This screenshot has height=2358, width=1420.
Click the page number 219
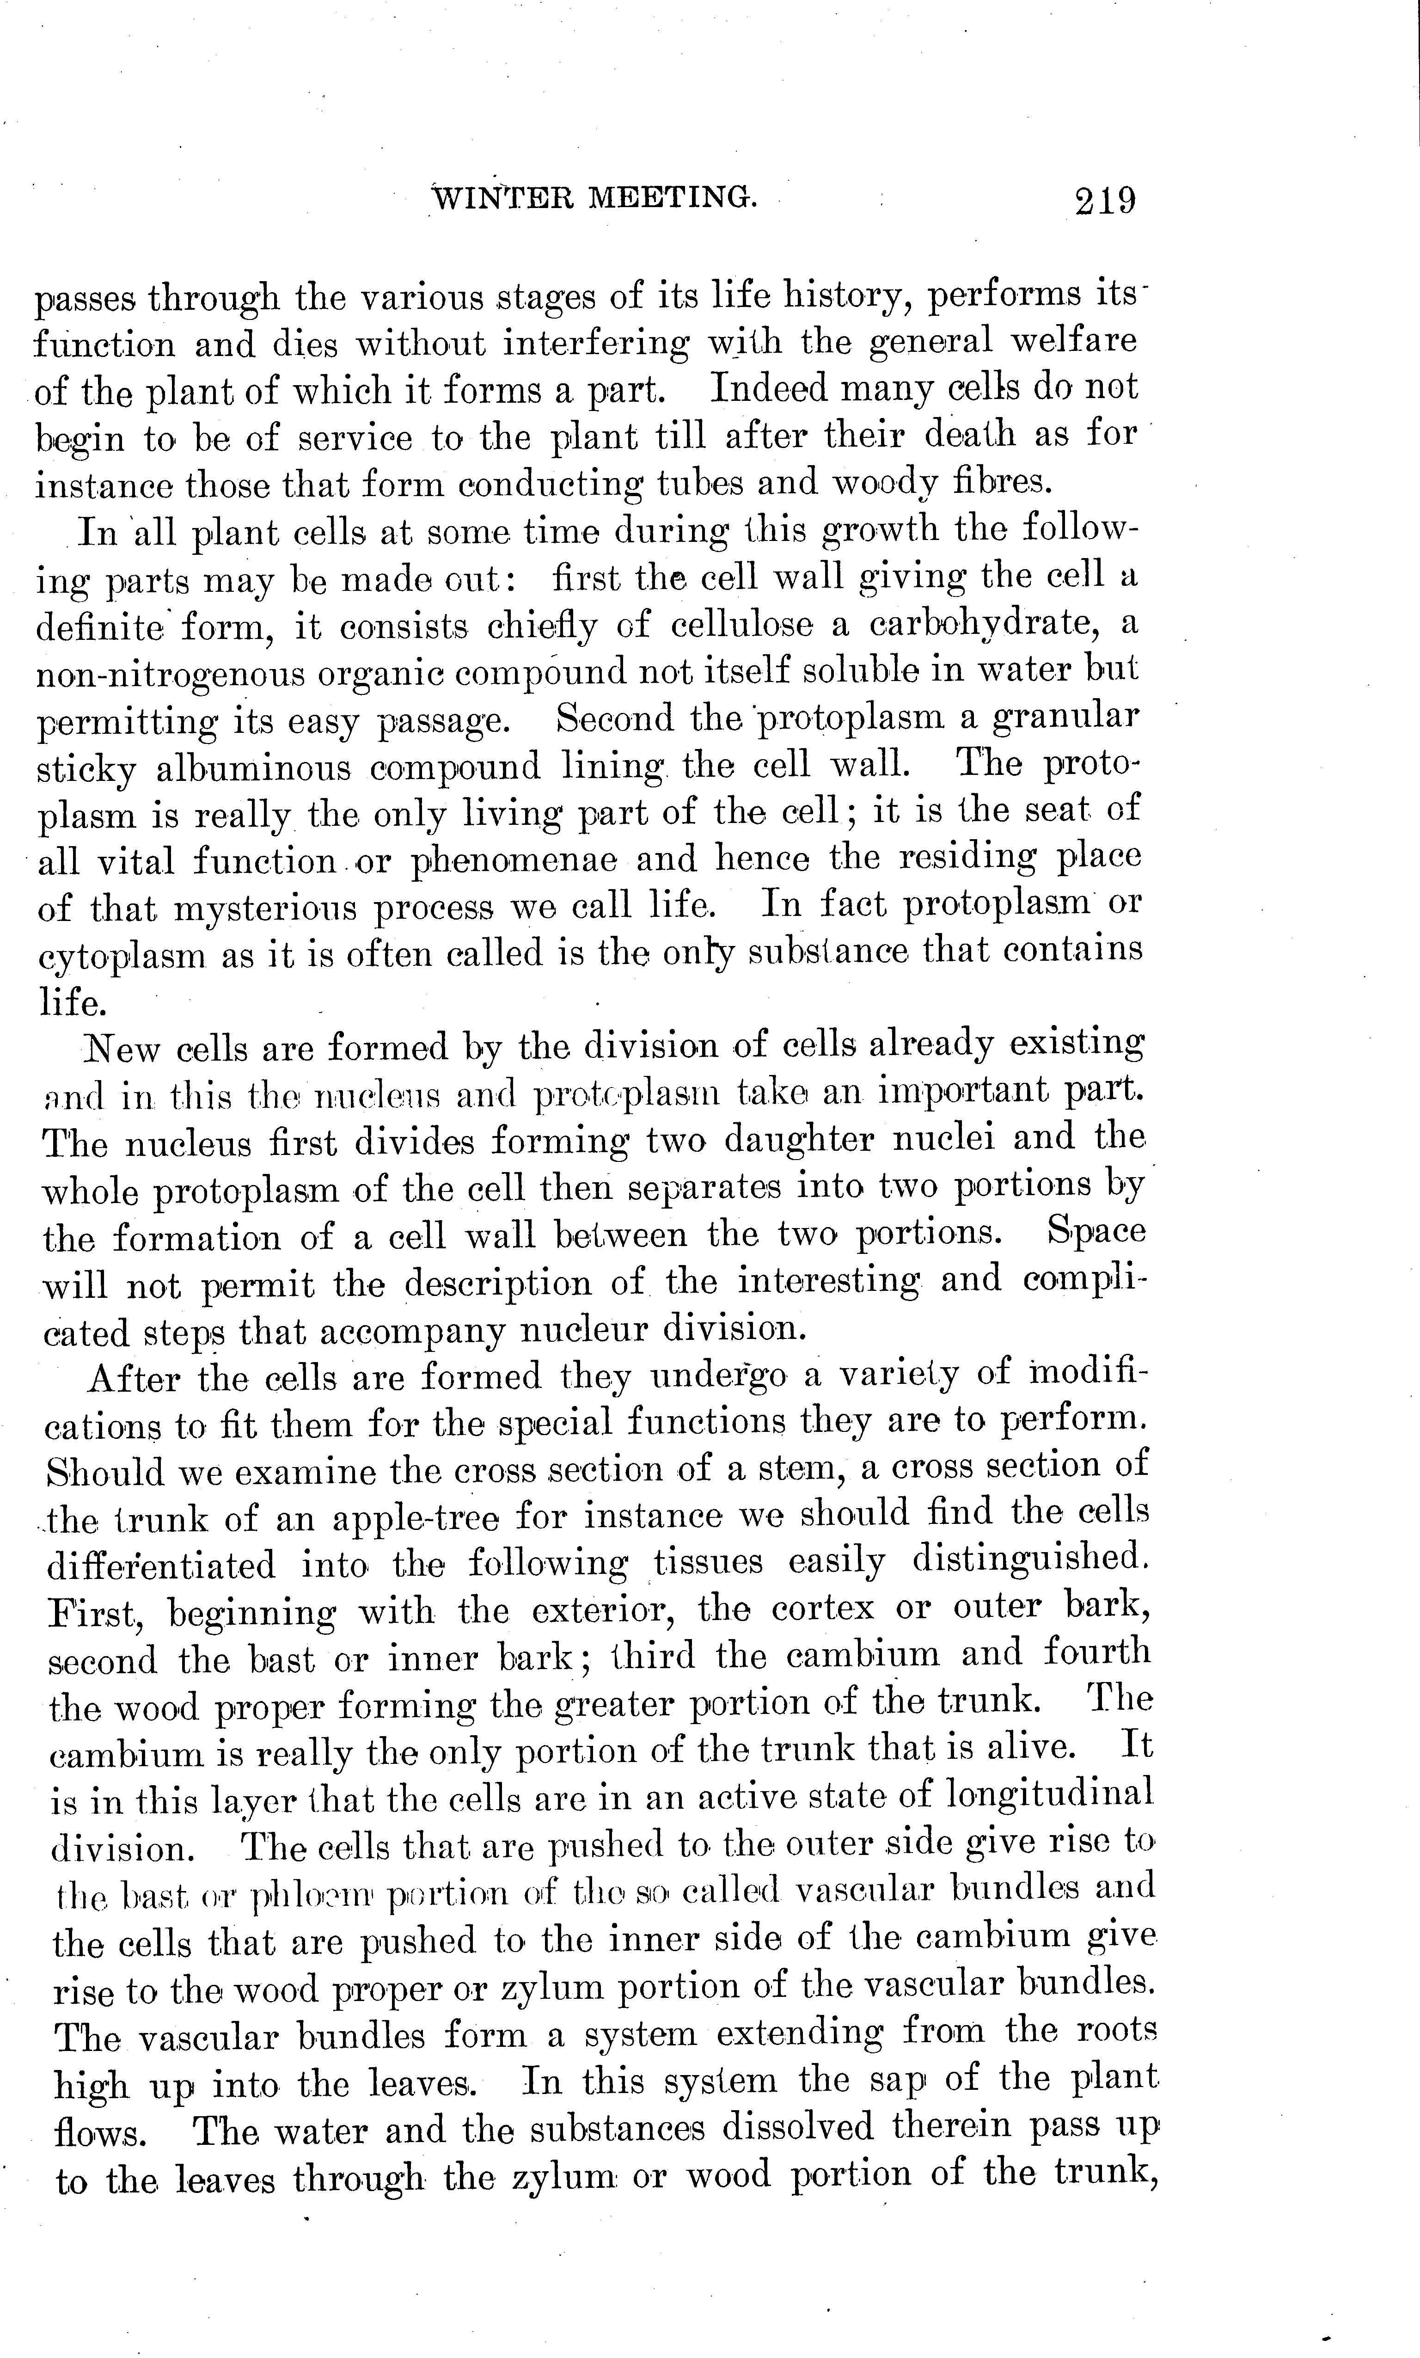click(x=1105, y=202)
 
